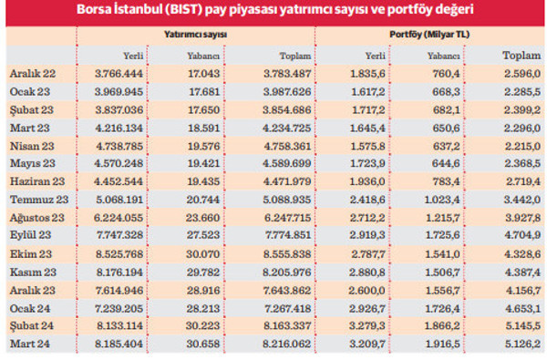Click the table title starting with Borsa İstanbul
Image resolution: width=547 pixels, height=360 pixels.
pyautogui.click(x=273, y=11)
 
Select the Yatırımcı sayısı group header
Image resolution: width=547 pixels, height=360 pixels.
pyautogui.click(x=188, y=34)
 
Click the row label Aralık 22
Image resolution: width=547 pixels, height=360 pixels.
pyautogui.click(x=32, y=74)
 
